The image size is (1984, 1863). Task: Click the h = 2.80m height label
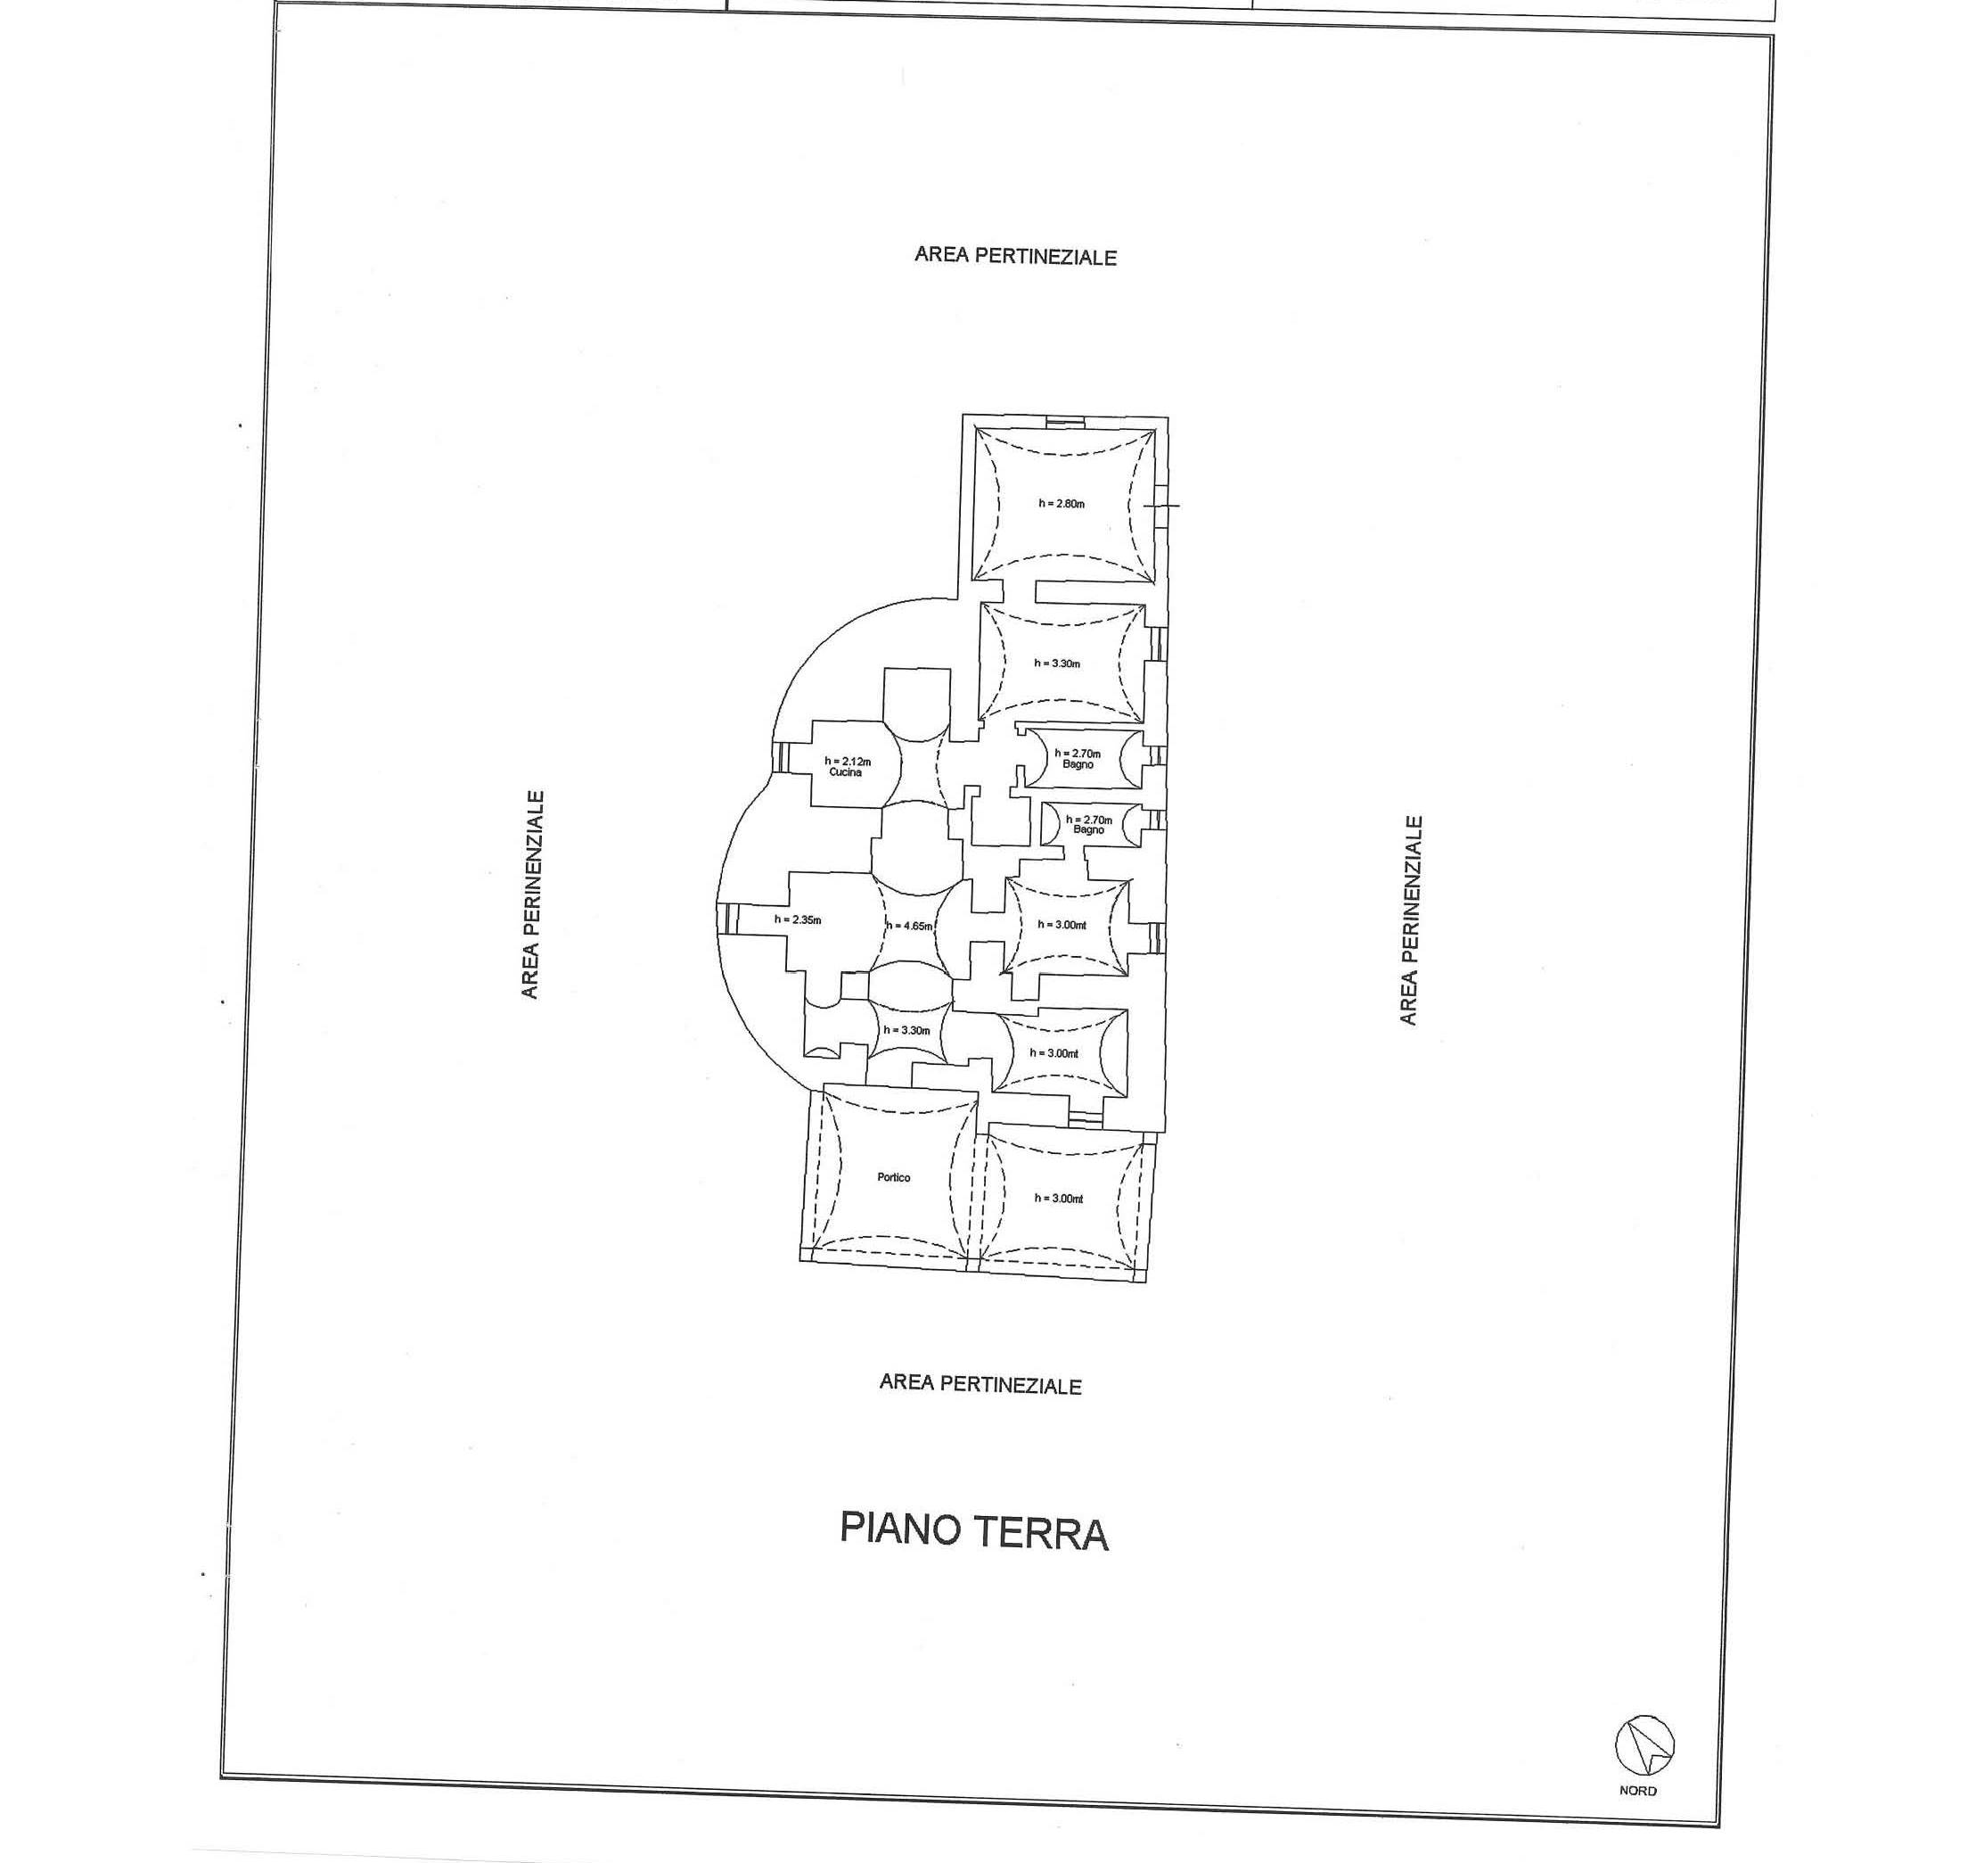(1061, 503)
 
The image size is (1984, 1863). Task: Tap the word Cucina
(845, 771)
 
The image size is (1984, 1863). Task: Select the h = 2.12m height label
(848, 762)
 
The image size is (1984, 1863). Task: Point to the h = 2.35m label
(798, 919)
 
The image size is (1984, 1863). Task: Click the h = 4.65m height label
(908, 926)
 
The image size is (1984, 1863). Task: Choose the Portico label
(893, 1177)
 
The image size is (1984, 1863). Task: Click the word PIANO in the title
(899, 1529)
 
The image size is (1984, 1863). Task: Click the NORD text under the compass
(1637, 1790)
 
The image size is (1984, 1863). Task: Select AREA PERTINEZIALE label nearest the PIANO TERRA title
(980, 1384)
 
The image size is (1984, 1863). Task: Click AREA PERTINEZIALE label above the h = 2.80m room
(1015, 256)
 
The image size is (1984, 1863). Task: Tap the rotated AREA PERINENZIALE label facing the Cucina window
(531, 894)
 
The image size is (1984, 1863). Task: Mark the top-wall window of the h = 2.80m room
(1064, 421)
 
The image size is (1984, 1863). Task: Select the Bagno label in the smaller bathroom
(1089, 829)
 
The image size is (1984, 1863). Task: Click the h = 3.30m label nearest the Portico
(906, 1030)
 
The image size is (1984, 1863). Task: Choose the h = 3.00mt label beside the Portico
(1059, 1198)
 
